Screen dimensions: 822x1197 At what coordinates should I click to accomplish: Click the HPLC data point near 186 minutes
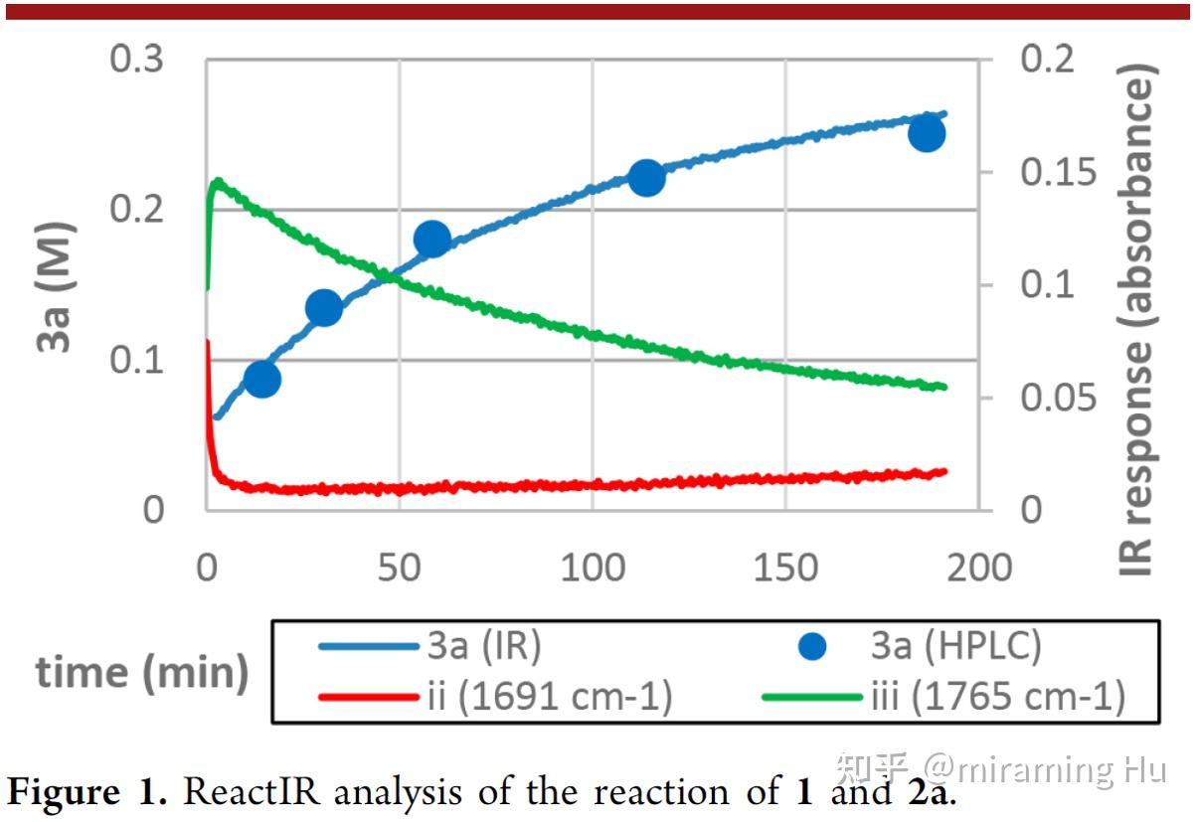click(927, 133)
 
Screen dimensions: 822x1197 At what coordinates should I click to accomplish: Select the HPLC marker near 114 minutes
click(646, 178)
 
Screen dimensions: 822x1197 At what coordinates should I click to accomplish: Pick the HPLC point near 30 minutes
click(324, 308)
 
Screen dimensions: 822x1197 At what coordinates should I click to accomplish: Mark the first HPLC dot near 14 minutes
click(261, 379)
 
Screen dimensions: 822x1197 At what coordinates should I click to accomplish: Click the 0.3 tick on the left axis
click(138, 60)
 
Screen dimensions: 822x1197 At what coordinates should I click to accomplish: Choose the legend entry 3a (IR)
click(484, 646)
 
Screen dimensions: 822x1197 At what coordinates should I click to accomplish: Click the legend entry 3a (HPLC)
click(948, 646)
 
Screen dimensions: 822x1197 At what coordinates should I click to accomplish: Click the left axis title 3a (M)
click(58, 285)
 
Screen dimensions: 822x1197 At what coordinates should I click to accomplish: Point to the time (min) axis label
click(142, 673)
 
